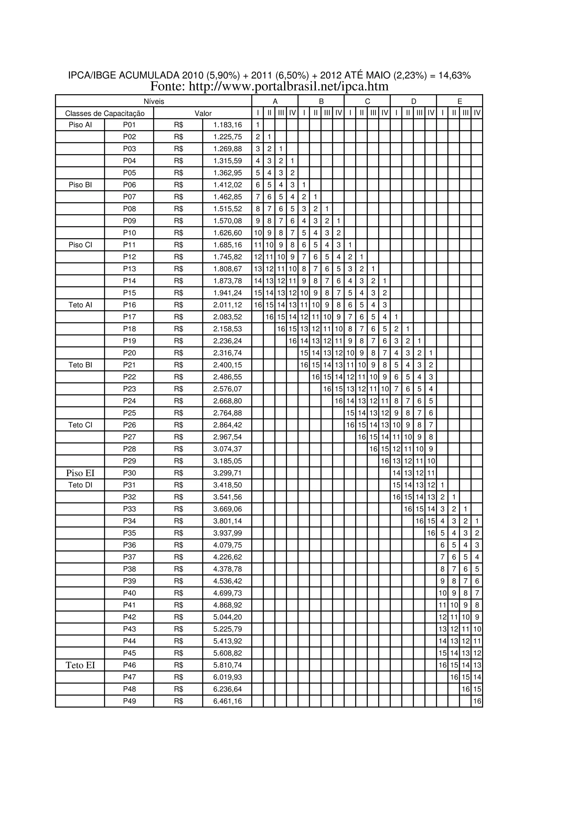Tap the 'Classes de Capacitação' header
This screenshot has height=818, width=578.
(x=105, y=113)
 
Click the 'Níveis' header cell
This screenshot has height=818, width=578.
(x=154, y=101)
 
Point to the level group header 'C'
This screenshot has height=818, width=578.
(x=367, y=101)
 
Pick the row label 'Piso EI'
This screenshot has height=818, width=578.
(x=80, y=473)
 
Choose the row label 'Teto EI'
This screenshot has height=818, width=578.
(x=80, y=665)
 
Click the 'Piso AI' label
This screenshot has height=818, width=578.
(x=80, y=125)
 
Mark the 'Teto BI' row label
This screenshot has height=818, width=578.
(x=80, y=365)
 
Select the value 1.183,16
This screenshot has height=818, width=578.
(x=227, y=125)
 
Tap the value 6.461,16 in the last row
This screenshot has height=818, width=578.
(x=227, y=701)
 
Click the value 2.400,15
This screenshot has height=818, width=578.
(x=227, y=365)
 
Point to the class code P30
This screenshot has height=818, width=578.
(x=129, y=473)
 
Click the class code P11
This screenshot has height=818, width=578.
(x=129, y=245)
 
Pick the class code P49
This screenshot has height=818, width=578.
(x=129, y=701)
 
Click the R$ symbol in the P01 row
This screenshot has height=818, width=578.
(x=178, y=125)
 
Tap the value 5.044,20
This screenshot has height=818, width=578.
(x=227, y=617)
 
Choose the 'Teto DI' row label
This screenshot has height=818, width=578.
(x=80, y=485)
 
